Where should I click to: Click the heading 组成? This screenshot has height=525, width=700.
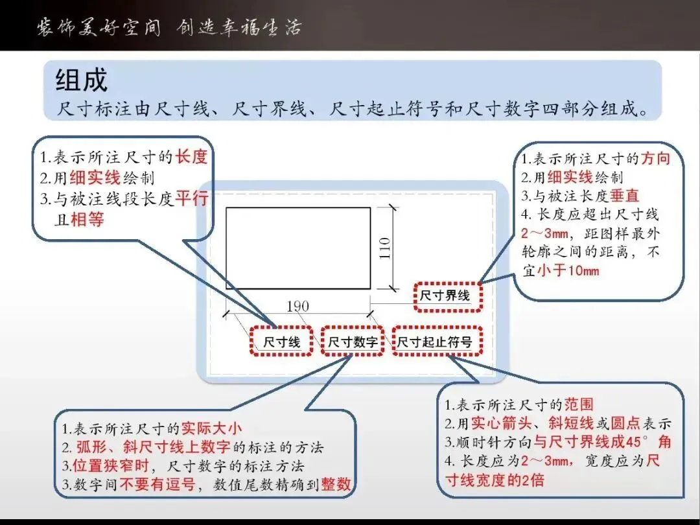pyautogui.click(x=81, y=80)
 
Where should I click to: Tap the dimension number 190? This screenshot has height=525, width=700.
pyautogui.click(x=297, y=306)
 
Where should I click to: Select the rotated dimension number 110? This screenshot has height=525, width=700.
pyautogui.click(x=384, y=249)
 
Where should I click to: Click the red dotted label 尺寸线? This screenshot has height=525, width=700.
pyautogui.click(x=281, y=342)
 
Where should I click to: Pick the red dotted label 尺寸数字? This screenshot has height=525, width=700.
pyautogui.click(x=353, y=342)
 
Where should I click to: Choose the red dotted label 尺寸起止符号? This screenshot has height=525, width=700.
pyautogui.click(x=437, y=342)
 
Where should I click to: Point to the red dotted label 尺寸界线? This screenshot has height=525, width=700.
pyautogui.click(x=448, y=296)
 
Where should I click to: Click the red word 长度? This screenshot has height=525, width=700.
pyautogui.click(x=191, y=157)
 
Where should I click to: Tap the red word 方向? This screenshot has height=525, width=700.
pyautogui.click(x=655, y=159)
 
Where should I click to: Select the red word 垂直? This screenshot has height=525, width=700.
pyautogui.click(x=625, y=196)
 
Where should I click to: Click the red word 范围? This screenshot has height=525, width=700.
pyautogui.click(x=579, y=404)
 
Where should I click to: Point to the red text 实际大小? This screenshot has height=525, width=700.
pyautogui.click(x=211, y=428)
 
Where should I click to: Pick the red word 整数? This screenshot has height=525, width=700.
pyautogui.click(x=336, y=484)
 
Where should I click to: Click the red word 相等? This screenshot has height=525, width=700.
pyautogui.click(x=87, y=219)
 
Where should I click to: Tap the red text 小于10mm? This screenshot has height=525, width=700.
pyautogui.click(x=568, y=270)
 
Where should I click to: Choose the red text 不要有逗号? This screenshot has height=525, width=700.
pyautogui.click(x=157, y=484)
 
